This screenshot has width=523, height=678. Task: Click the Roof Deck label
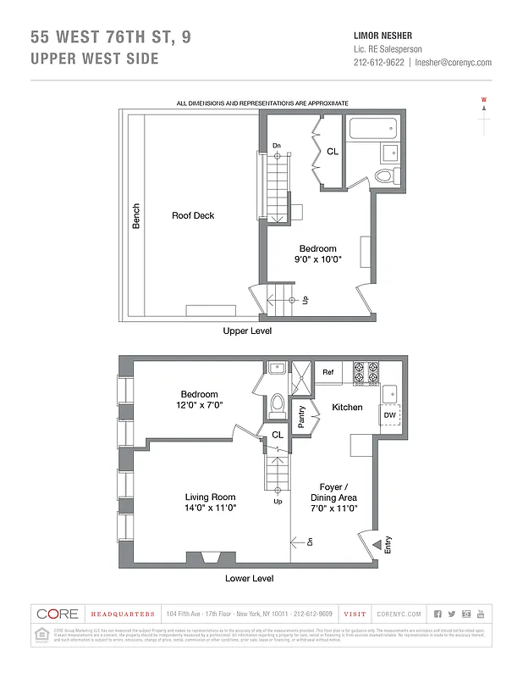193,215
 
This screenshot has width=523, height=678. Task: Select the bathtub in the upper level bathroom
372,131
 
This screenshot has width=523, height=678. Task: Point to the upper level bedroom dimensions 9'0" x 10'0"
317,260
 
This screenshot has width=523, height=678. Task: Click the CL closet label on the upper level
333,152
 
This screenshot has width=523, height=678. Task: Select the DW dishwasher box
389,415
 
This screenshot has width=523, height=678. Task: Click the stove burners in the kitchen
365,371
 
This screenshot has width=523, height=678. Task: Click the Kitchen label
347,408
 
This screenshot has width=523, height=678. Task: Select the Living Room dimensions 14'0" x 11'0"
211,508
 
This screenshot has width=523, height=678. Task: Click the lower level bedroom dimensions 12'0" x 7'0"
199,406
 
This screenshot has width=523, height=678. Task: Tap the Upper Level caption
247,331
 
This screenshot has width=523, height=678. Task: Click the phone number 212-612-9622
378,62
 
